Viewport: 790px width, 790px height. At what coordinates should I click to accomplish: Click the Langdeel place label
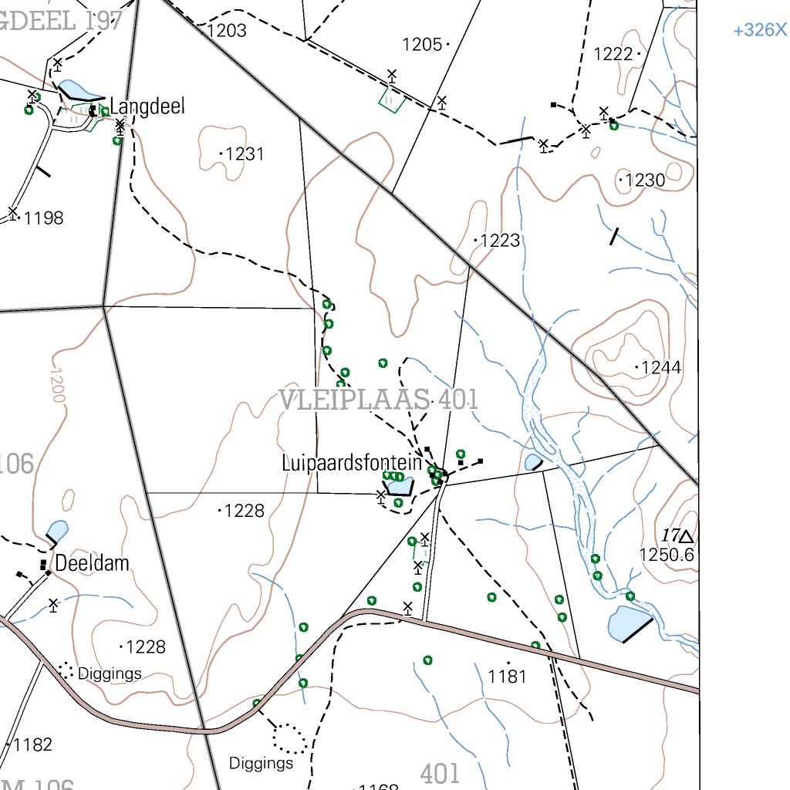147,106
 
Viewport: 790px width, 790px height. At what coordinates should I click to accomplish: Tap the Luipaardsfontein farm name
352,464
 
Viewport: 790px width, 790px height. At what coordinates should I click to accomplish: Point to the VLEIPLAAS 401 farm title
378,400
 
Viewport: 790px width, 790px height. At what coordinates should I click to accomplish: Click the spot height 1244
661,368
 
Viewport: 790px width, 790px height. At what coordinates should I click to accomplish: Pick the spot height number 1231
245,154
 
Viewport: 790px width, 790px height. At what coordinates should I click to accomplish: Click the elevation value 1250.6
667,555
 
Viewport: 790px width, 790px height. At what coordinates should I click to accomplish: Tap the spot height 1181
507,677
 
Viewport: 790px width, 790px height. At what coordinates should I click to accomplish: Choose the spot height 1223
500,241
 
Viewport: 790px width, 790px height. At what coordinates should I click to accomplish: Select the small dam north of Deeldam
57,532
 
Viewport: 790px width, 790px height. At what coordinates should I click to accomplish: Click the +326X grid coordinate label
760,31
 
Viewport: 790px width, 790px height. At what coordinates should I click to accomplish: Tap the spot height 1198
43,218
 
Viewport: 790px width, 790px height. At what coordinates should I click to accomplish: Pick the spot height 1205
422,45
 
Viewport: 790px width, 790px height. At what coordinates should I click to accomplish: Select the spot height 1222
613,54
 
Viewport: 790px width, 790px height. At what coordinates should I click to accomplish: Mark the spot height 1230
644,181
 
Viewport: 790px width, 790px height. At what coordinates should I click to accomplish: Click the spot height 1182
32,745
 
